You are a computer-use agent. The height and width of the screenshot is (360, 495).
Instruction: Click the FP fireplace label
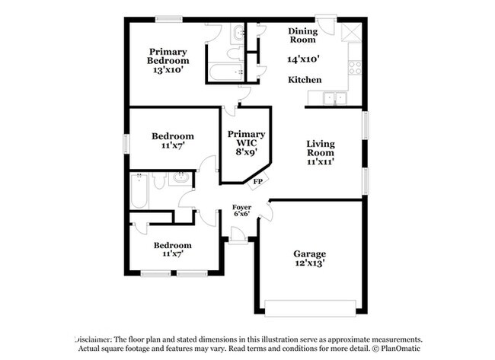(x=258, y=182)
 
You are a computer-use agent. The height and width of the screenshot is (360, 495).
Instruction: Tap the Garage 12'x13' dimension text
(x=310, y=263)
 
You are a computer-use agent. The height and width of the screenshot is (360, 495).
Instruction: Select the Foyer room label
(x=242, y=207)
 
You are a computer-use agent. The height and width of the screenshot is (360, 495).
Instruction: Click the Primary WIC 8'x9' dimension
(x=246, y=151)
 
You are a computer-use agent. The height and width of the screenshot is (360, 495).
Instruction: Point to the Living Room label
(x=321, y=148)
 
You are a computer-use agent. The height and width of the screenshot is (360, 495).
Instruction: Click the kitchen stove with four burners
(x=355, y=68)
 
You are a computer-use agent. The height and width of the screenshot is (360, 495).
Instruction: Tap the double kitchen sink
(x=335, y=97)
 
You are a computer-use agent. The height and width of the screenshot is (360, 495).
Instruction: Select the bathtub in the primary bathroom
(x=226, y=72)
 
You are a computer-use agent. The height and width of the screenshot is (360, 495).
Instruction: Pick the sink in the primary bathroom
(x=238, y=33)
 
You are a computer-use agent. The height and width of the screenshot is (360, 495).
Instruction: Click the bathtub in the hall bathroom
(x=139, y=190)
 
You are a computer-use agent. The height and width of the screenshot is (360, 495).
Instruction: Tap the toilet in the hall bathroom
(x=159, y=180)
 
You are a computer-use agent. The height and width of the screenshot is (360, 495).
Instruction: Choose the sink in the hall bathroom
(x=181, y=177)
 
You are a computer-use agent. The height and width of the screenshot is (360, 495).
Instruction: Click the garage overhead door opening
(x=310, y=308)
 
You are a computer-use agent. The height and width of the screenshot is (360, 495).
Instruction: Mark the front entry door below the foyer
(x=238, y=235)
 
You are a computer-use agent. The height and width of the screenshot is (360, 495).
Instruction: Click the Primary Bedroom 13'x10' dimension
(x=168, y=70)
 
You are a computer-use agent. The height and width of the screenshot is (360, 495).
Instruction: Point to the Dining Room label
(x=303, y=35)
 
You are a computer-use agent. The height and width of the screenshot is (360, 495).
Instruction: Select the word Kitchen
(x=305, y=80)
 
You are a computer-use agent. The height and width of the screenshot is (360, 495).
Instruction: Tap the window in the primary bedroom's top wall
(x=169, y=20)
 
